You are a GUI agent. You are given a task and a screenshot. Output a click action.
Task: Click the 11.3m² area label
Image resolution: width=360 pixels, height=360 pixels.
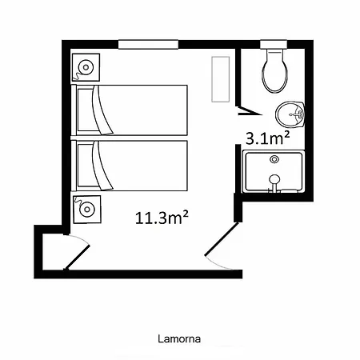click(162, 218)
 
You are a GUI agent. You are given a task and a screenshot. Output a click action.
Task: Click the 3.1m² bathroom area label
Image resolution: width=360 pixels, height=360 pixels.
click(267, 138)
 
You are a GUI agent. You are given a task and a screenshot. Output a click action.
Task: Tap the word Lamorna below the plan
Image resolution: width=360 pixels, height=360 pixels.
click(179, 338)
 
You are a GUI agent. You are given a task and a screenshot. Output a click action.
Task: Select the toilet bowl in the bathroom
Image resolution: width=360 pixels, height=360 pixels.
click(275, 73)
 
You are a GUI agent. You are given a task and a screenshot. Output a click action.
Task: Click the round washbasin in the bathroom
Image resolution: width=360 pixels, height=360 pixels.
click(290, 114)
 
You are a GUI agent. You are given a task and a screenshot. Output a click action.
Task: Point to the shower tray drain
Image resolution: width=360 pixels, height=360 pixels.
click(274, 159)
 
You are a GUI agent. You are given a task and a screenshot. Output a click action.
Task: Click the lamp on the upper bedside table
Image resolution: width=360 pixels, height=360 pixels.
click(86, 67)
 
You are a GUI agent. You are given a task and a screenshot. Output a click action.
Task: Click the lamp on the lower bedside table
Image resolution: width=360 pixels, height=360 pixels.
click(87, 210)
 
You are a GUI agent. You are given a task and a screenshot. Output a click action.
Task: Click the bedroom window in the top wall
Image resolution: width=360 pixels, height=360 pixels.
click(148, 44)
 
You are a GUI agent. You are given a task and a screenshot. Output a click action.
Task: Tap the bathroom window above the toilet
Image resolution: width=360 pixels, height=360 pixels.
click(274, 44)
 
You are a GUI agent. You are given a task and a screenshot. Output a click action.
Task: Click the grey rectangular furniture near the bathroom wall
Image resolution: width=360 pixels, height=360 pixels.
click(221, 79)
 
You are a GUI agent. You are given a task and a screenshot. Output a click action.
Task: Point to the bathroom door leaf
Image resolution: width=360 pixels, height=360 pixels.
click(250, 111)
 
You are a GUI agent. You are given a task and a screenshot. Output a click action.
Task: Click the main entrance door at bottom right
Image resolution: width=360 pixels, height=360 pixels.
click(222, 239)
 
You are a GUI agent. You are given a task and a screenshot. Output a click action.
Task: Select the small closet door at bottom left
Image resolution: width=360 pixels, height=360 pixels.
click(77, 257)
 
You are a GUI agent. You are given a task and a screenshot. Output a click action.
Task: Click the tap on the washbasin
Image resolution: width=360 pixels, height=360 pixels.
click(297, 114)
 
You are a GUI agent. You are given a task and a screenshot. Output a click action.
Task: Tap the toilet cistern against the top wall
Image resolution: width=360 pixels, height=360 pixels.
click(274, 51)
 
